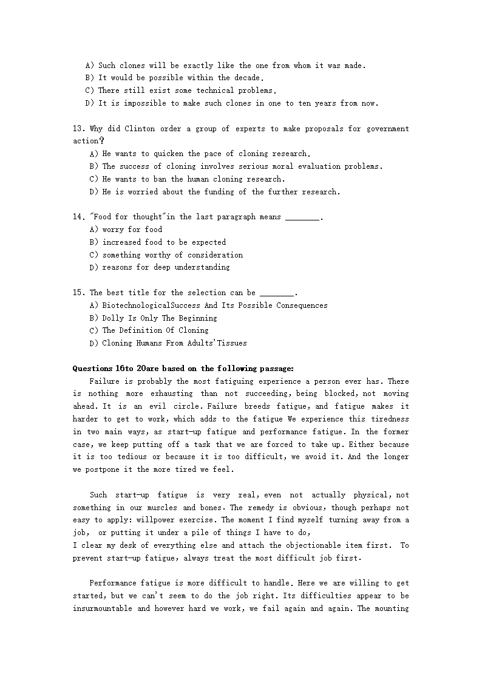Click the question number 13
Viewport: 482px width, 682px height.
[x=78, y=129]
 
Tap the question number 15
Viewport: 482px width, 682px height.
[x=78, y=293]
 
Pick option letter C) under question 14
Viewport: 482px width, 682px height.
[x=93, y=255]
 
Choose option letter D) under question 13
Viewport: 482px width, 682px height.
[x=93, y=192]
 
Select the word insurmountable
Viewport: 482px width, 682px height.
[x=103, y=609]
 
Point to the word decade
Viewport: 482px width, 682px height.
[x=247, y=78]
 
